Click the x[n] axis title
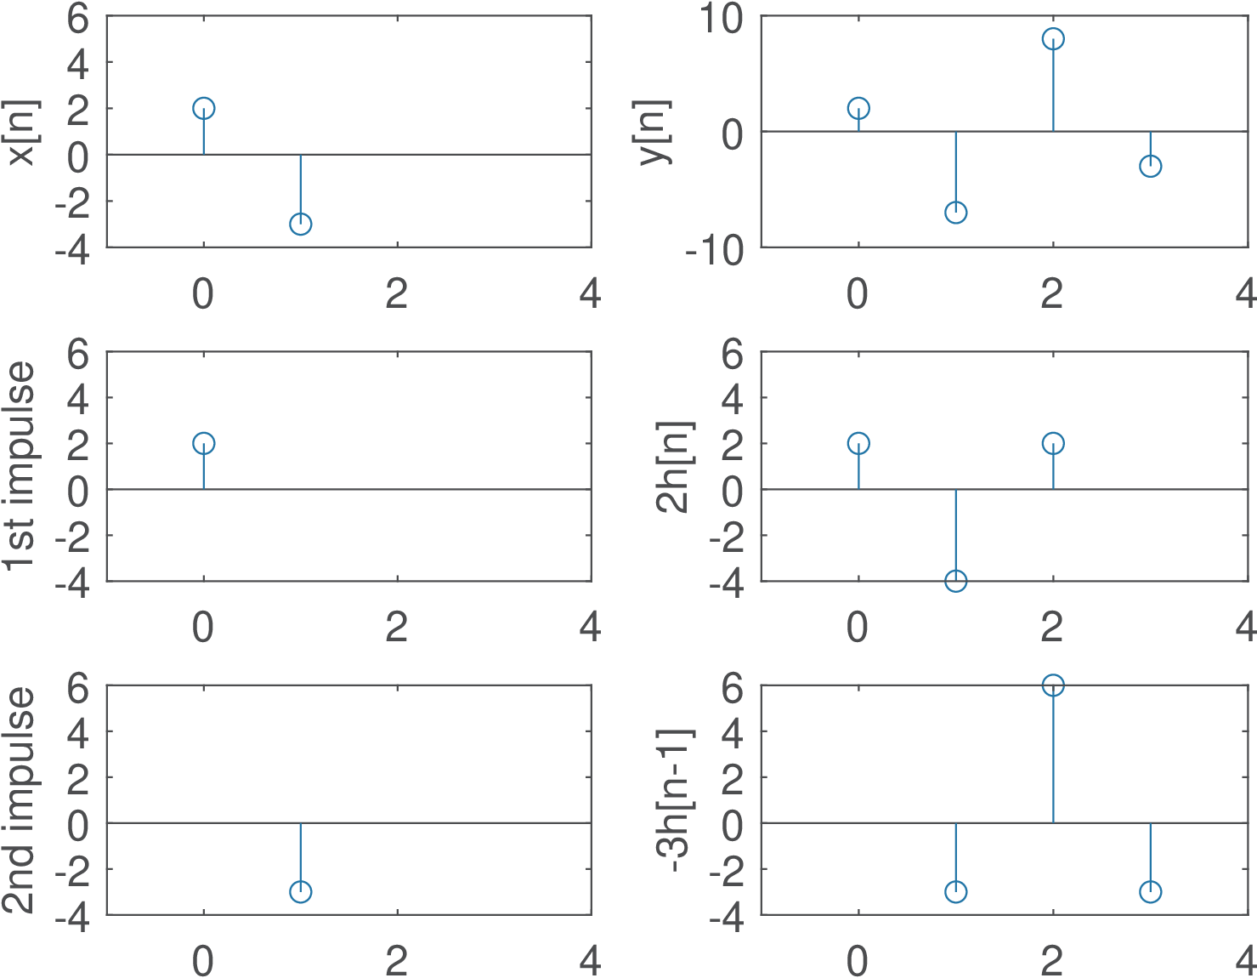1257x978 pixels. click(x=21, y=132)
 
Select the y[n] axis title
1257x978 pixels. click(x=655, y=132)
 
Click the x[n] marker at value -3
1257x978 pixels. click(x=300, y=224)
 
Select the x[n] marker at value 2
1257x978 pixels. click(x=203, y=108)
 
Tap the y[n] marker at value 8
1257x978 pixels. click(x=1053, y=39)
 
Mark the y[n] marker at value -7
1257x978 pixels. click(x=955, y=212)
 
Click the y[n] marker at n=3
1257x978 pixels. click(x=1150, y=166)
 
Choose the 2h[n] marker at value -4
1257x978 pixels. click(x=955, y=581)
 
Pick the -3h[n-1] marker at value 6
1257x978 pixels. click(x=1053, y=685)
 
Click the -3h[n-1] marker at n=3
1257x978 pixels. click(x=1150, y=891)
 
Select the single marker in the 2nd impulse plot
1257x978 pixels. click(x=300, y=891)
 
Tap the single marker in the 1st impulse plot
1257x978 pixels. click(x=203, y=443)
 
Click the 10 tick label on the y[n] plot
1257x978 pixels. click(x=720, y=20)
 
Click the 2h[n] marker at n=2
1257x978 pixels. click(x=1053, y=443)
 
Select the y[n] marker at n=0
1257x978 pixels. click(x=858, y=108)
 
